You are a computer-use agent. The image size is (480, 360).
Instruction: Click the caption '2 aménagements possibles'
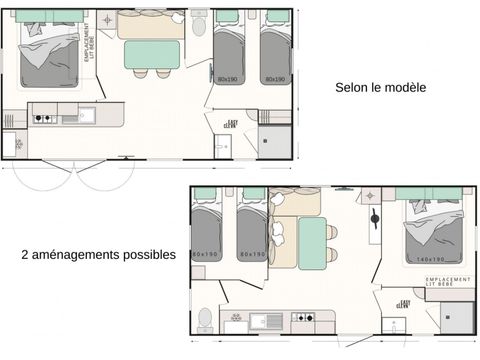point(98,255)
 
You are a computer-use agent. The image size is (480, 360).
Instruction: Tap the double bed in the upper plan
point(49,55)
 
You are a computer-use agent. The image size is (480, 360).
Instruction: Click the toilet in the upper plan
point(198,20)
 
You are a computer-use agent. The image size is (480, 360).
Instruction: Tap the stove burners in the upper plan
point(44,119)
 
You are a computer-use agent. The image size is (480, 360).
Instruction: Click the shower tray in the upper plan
point(275,141)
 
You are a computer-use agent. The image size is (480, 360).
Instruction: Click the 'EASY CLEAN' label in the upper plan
point(232,123)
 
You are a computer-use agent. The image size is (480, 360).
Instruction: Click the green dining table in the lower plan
point(312,243)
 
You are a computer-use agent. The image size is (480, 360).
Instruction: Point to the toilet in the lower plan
point(205,318)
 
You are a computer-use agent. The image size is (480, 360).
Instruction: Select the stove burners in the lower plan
point(301,320)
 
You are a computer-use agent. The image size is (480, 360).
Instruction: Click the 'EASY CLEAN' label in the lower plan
point(404,303)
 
